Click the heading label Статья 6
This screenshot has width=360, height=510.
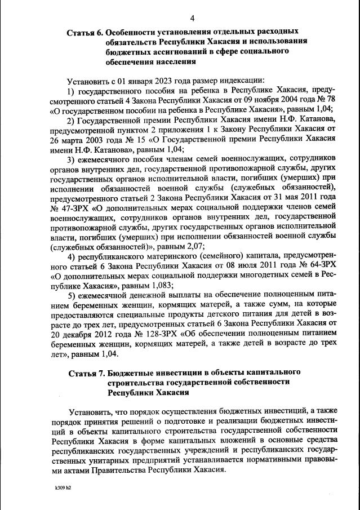coord(85,32)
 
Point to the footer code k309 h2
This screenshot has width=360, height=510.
coord(56,487)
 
